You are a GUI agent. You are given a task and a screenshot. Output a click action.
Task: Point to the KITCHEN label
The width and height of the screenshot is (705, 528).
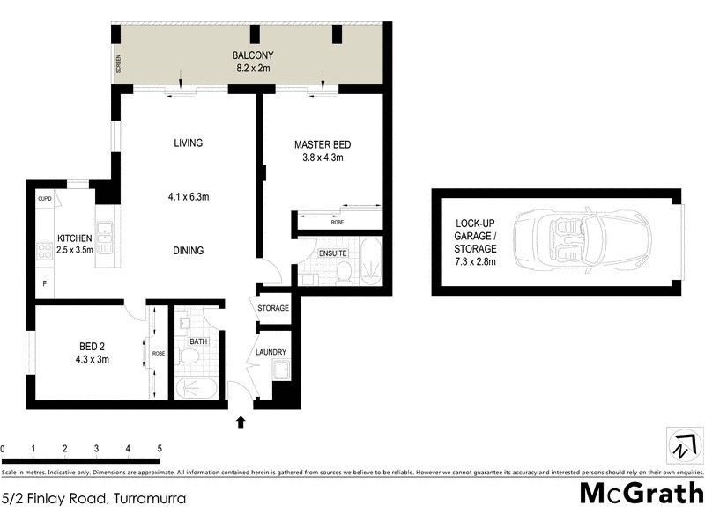click(x=74, y=238)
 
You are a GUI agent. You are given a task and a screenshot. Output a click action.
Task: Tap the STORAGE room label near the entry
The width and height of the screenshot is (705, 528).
click(x=273, y=308)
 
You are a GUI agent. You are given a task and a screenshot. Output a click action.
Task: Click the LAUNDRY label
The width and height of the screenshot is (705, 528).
click(x=271, y=352)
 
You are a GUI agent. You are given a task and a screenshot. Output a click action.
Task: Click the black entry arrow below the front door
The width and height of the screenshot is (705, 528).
click(x=241, y=422)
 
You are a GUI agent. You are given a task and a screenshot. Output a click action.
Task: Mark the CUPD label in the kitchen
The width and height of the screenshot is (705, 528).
click(x=45, y=199)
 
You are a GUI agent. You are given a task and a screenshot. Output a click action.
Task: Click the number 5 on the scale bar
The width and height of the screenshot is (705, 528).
click(x=160, y=449)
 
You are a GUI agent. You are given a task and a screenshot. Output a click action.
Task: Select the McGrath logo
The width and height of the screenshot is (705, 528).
click(x=641, y=492)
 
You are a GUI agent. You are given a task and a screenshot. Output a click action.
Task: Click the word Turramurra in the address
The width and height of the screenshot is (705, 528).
click(x=149, y=498)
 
